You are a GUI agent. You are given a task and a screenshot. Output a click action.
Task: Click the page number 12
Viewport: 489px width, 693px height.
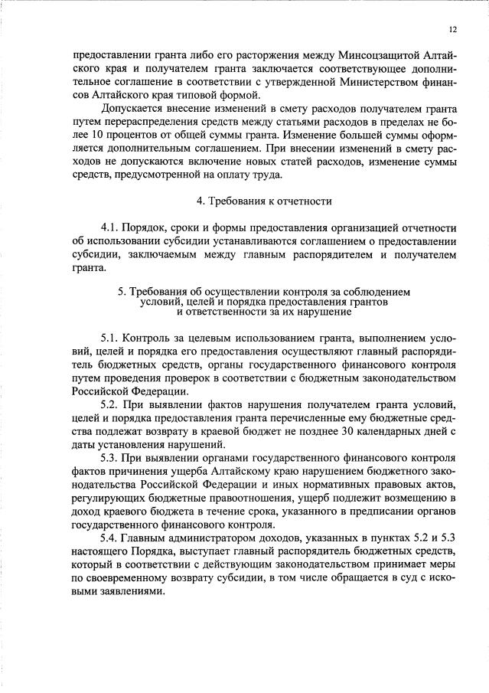453,29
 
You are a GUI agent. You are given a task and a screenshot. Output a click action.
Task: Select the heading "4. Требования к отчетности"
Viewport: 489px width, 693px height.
263,201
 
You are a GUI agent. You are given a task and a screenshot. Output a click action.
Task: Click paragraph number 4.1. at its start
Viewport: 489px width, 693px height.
112,228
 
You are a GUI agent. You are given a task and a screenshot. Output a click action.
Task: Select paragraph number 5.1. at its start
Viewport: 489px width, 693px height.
112,338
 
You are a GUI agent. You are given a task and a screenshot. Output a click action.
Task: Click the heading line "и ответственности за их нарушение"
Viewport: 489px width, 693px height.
263,312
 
